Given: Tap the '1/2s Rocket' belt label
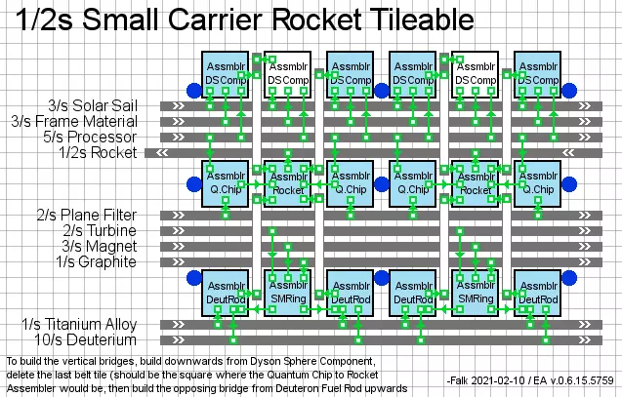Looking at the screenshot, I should click(99, 152).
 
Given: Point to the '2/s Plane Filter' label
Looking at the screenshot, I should click(86, 215).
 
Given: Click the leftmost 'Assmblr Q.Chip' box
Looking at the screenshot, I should click(225, 182).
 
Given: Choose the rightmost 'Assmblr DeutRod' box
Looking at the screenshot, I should click(537, 292).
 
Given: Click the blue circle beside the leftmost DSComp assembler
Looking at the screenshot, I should click(192, 91).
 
